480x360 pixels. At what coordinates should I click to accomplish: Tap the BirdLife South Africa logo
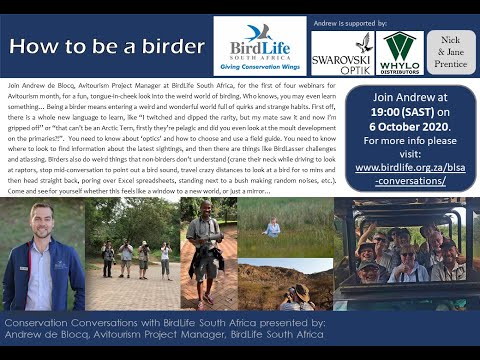(259, 47)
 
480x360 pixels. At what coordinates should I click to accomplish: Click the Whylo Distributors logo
(400, 52)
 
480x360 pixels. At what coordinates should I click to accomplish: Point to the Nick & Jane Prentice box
(451, 51)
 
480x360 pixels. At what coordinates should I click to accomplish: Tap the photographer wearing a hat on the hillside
(301, 294)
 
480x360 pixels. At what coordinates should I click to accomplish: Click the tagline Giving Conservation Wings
(259, 68)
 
